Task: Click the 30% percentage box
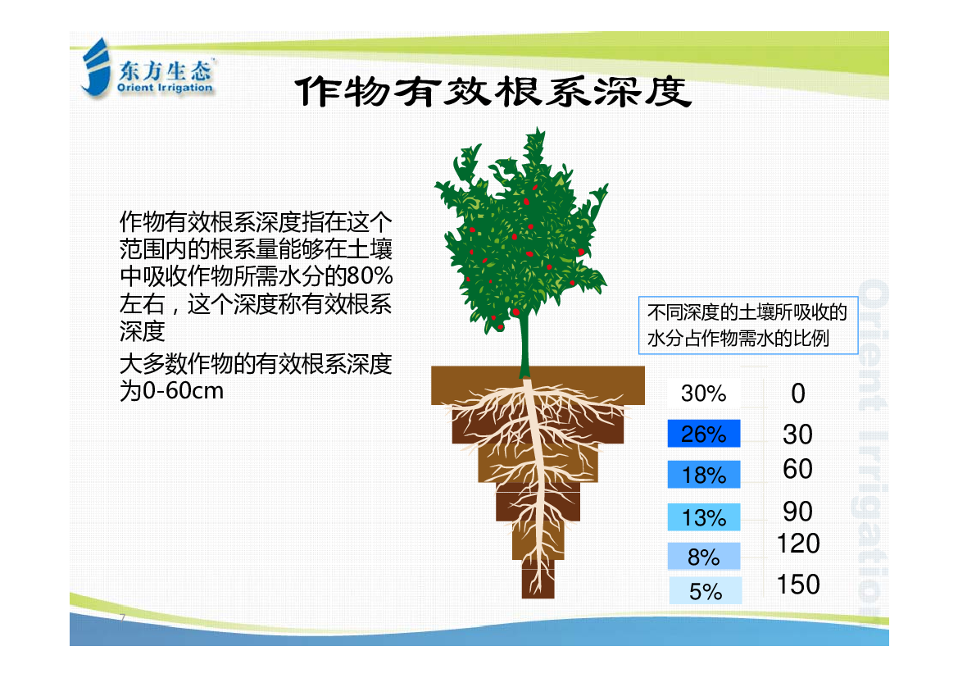pos(704,393)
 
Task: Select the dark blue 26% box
pos(704,434)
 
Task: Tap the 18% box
pos(704,475)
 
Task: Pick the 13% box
pos(704,517)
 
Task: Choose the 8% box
pos(704,557)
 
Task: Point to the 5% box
pos(705,590)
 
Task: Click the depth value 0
pos(798,393)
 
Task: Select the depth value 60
pos(797,469)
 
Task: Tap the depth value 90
pos(797,511)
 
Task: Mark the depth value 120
pos(798,543)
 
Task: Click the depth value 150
pos(798,584)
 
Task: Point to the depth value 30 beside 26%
pos(797,434)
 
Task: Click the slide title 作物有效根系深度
pos(493,91)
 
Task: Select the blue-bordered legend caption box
pos(748,325)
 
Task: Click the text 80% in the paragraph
pos(370,276)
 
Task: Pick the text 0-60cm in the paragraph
pos(183,391)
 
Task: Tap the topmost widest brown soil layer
pos(538,385)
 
